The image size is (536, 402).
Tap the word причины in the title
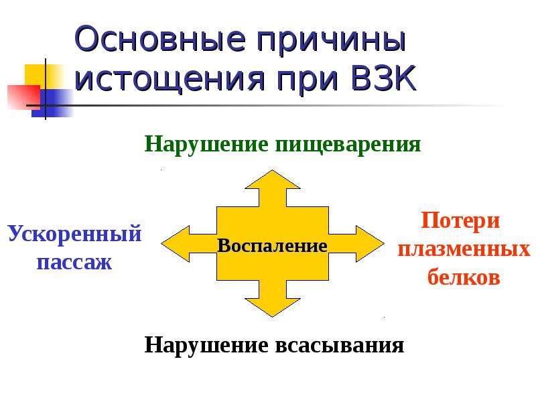pyautogui.click(x=331, y=42)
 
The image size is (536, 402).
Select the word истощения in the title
pyautogui.click(x=170, y=79)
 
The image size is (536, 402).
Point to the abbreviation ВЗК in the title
pyautogui.click(x=383, y=78)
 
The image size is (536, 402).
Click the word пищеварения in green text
pyautogui.click(x=348, y=145)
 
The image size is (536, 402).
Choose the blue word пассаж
pyautogui.click(x=74, y=263)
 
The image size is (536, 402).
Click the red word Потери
pyautogui.click(x=460, y=221)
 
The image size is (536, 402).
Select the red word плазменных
pyautogui.click(x=464, y=249)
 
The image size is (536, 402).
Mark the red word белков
pyautogui.click(x=464, y=276)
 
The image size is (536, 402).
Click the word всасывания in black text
pyautogui.click(x=340, y=345)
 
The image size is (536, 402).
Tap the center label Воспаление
pyautogui.click(x=272, y=245)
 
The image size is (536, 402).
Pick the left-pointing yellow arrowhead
pyautogui.click(x=176, y=244)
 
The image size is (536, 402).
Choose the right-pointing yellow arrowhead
pyautogui.click(x=371, y=244)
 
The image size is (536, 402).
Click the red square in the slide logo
pyautogui.click(x=23, y=96)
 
